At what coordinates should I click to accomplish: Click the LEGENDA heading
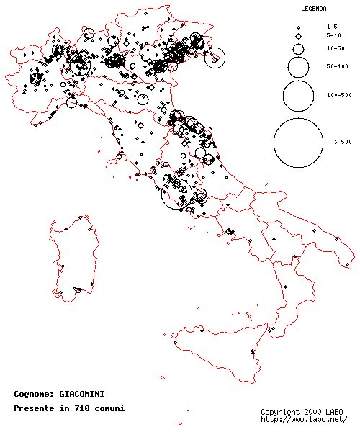pos(314,9)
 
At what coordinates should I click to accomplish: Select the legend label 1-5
pos(331,26)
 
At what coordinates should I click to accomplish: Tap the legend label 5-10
pos(333,35)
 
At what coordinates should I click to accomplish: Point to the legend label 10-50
pos(336,48)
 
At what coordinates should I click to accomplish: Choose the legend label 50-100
pos(338,67)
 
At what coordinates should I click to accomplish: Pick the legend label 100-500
pos(339,95)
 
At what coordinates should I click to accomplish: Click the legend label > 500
pos(342,142)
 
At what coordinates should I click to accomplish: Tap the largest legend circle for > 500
pos(298,142)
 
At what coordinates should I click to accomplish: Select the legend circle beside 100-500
pos(298,95)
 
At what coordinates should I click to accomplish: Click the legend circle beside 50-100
pos(298,67)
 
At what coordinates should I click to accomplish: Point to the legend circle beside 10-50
pos(298,48)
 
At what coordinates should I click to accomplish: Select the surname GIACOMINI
pos(82,394)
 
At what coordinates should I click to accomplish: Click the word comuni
pos(109,408)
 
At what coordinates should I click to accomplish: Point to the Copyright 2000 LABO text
pos(302,412)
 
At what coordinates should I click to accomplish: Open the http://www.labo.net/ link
pos(304,419)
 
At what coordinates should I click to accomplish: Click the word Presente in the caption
pos(33,408)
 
